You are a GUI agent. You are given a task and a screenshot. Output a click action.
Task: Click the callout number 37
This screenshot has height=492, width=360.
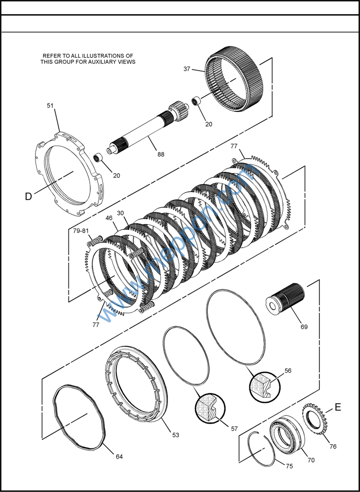pyautogui.click(x=187, y=69)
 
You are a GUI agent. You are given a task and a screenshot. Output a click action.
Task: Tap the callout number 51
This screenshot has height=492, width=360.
pyautogui.click(x=50, y=105)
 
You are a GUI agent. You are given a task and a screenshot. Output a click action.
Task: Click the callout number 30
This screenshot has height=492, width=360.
pyautogui.click(x=121, y=213)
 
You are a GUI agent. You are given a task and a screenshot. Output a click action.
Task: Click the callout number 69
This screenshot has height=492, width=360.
pyautogui.click(x=304, y=327)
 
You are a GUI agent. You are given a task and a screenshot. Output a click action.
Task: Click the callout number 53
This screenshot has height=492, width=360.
pyautogui.click(x=175, y=435)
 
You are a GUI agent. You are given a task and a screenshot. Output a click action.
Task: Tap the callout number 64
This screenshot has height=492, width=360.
pyautogui.click(x=119, y=457)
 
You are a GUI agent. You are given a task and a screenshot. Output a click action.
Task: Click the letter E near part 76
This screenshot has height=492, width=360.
pyautogui.click(x=338, y=407)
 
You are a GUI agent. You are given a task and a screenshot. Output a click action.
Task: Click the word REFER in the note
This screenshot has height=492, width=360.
pyautogui.click(x=54, y=56)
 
